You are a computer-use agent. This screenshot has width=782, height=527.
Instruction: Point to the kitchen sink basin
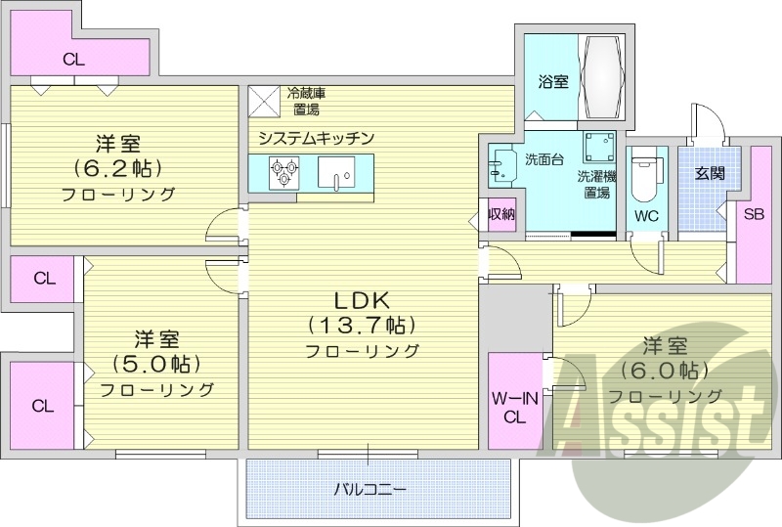(341, 177)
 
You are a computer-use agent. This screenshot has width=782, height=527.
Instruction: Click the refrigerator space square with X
(264, 102)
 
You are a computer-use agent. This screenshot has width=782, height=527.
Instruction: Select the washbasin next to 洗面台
(502, 164)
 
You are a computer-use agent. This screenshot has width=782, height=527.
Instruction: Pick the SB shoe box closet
(754, 214)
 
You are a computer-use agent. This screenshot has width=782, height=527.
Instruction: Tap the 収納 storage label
(502, 214)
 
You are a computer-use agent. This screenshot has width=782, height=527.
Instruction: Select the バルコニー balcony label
(369, 487)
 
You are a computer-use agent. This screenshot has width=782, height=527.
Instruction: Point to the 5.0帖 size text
(157, 364)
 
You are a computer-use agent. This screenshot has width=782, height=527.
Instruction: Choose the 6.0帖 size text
(665, 371)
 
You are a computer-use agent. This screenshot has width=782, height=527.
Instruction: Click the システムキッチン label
(317, 138)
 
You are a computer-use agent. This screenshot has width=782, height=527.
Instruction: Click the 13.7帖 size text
(363, 324)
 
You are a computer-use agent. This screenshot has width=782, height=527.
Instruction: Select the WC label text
(646, 215)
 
